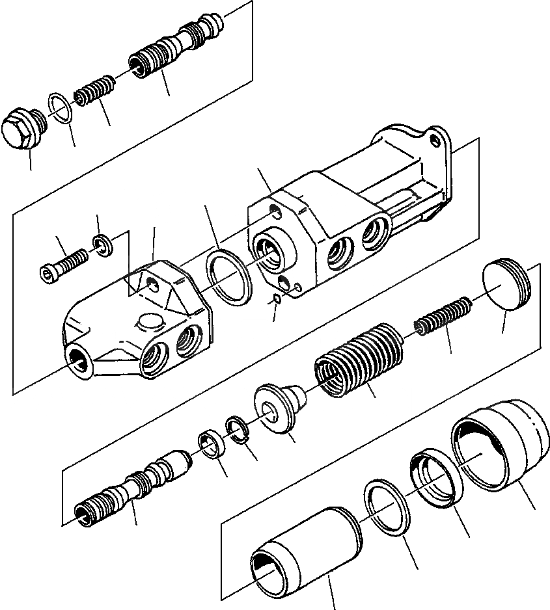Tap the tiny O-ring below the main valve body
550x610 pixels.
point(276,298)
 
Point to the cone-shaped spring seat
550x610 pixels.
point(279,408)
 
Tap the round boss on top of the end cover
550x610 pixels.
point(149,324)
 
